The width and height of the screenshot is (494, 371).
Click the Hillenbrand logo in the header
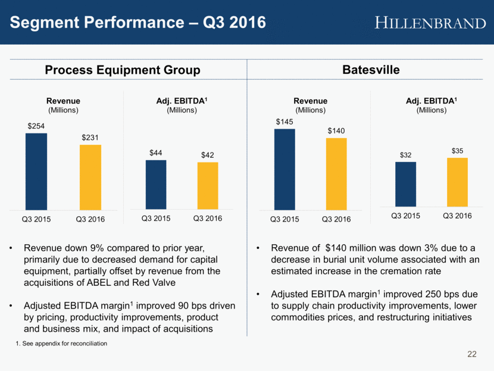tap(430, 23)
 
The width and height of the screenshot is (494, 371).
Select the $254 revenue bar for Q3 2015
tap(36, 170)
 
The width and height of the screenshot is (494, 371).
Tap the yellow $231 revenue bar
tap(90, 176)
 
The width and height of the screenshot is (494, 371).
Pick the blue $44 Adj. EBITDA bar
tap(156, 184)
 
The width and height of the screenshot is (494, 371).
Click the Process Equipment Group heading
tap(123, 70)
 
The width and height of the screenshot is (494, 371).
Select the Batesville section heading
tap(371, 70)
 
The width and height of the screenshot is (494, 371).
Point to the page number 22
tap(472, 355)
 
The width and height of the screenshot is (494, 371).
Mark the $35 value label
tap(457, 151)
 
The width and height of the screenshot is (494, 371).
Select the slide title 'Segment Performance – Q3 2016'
tap(137, 23)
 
